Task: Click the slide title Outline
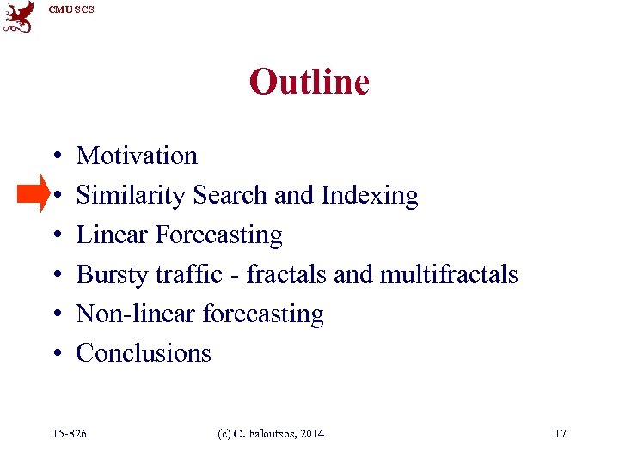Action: pos(309,82)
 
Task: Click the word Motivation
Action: pos(137,156)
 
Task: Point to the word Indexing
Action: pos(369,196)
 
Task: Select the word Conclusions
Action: pos(144,353)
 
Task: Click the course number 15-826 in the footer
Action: pos(70,434)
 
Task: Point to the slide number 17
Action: pos(561,434)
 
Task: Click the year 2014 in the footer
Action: pos(311,434)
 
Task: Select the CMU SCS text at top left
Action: pos(71,9)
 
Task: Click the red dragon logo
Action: pos(19,16)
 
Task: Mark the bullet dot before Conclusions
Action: pos(54,354)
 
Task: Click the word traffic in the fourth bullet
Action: pos(194,274)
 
